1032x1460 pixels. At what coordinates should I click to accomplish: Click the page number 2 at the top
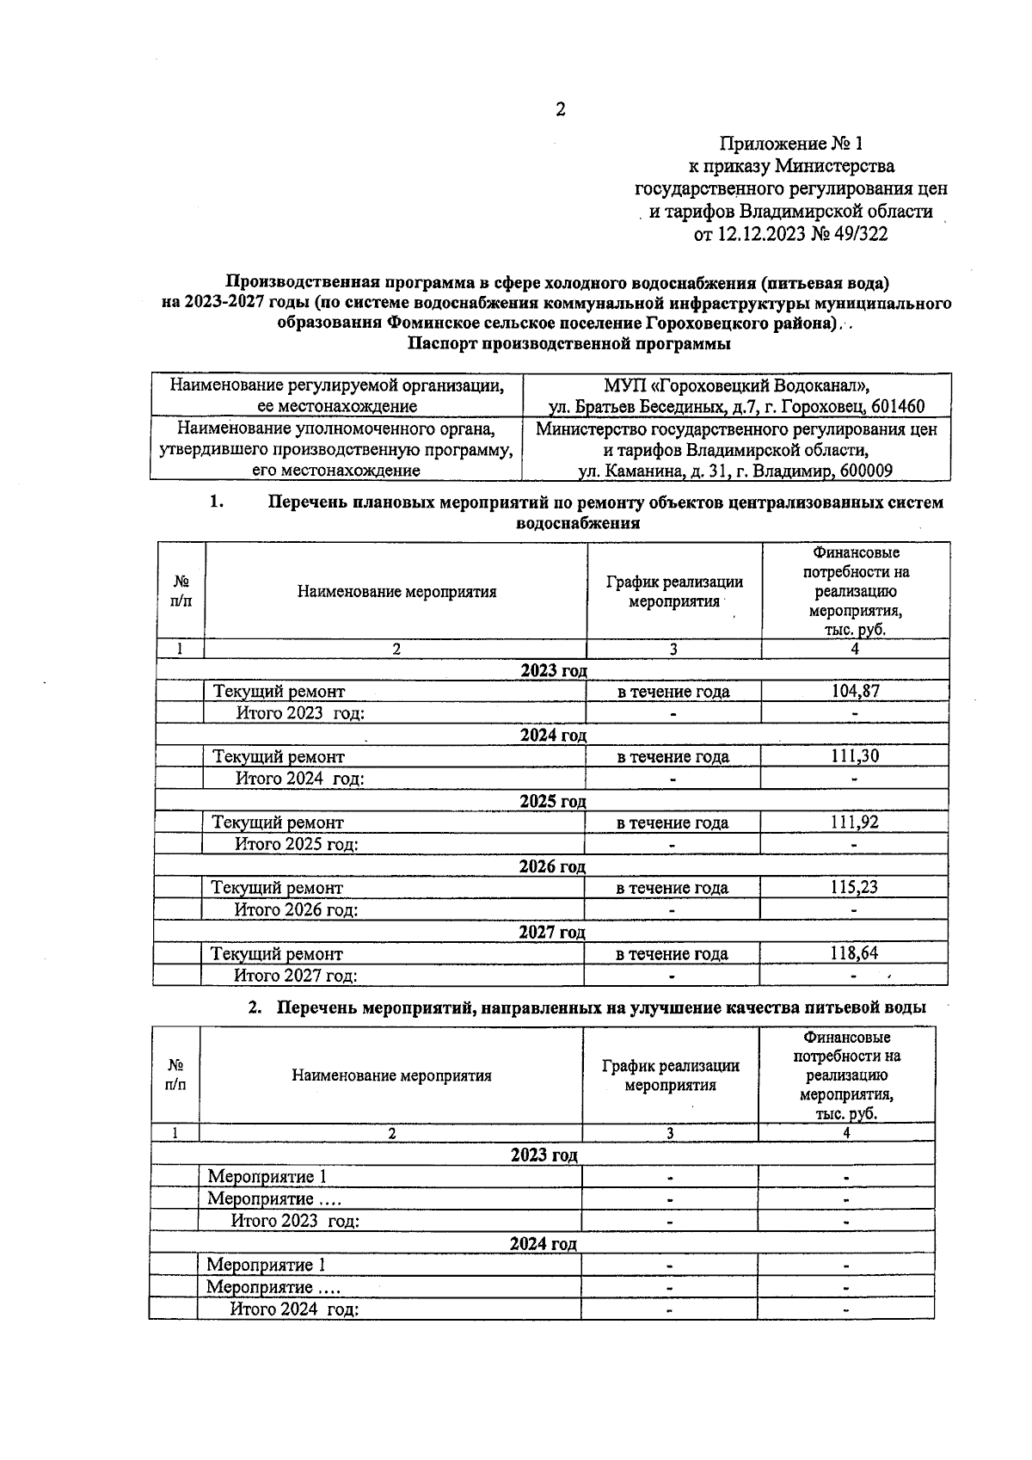[560, 109]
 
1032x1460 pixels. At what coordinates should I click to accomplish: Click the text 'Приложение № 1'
[790, 143]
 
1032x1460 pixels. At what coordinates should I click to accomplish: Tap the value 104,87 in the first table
[855, 691]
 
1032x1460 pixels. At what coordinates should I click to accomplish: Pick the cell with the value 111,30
[855, 756]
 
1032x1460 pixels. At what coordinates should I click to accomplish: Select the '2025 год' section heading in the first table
[553, 801]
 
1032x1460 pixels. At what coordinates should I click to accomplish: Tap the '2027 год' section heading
[552, 933]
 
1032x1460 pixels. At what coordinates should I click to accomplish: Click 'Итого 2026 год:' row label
[297, 909]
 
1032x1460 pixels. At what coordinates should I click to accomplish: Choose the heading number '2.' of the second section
[255, 1007]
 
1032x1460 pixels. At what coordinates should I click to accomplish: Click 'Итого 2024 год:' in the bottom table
[293, 1309]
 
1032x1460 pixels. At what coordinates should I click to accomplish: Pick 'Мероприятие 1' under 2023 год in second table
[267, 1177]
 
